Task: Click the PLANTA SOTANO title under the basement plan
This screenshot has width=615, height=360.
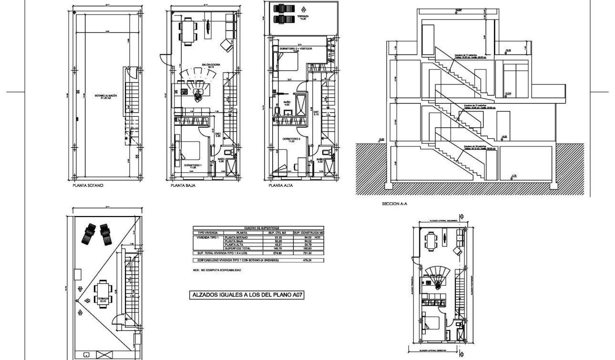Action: click(89, 186)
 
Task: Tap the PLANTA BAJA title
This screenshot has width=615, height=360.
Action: click(183, 186)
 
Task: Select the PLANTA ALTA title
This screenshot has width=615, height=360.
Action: click(280, 186)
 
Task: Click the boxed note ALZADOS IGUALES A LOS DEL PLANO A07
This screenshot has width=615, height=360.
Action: click(247, 295)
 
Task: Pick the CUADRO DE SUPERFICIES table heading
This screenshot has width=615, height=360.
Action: click(257, 228)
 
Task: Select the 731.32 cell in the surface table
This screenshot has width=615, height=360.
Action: click(308, 253)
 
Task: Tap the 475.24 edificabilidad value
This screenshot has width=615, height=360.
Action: click(308, 260)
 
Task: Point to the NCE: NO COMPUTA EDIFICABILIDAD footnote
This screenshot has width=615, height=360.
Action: click(217, 270)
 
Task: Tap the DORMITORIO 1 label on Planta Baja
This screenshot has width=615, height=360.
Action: click(193, 165)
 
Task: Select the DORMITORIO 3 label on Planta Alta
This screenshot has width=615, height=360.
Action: click(290, 140)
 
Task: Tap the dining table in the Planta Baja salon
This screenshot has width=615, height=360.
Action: click(188, 30)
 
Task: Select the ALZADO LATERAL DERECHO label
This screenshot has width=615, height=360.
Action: click(433, 351)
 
